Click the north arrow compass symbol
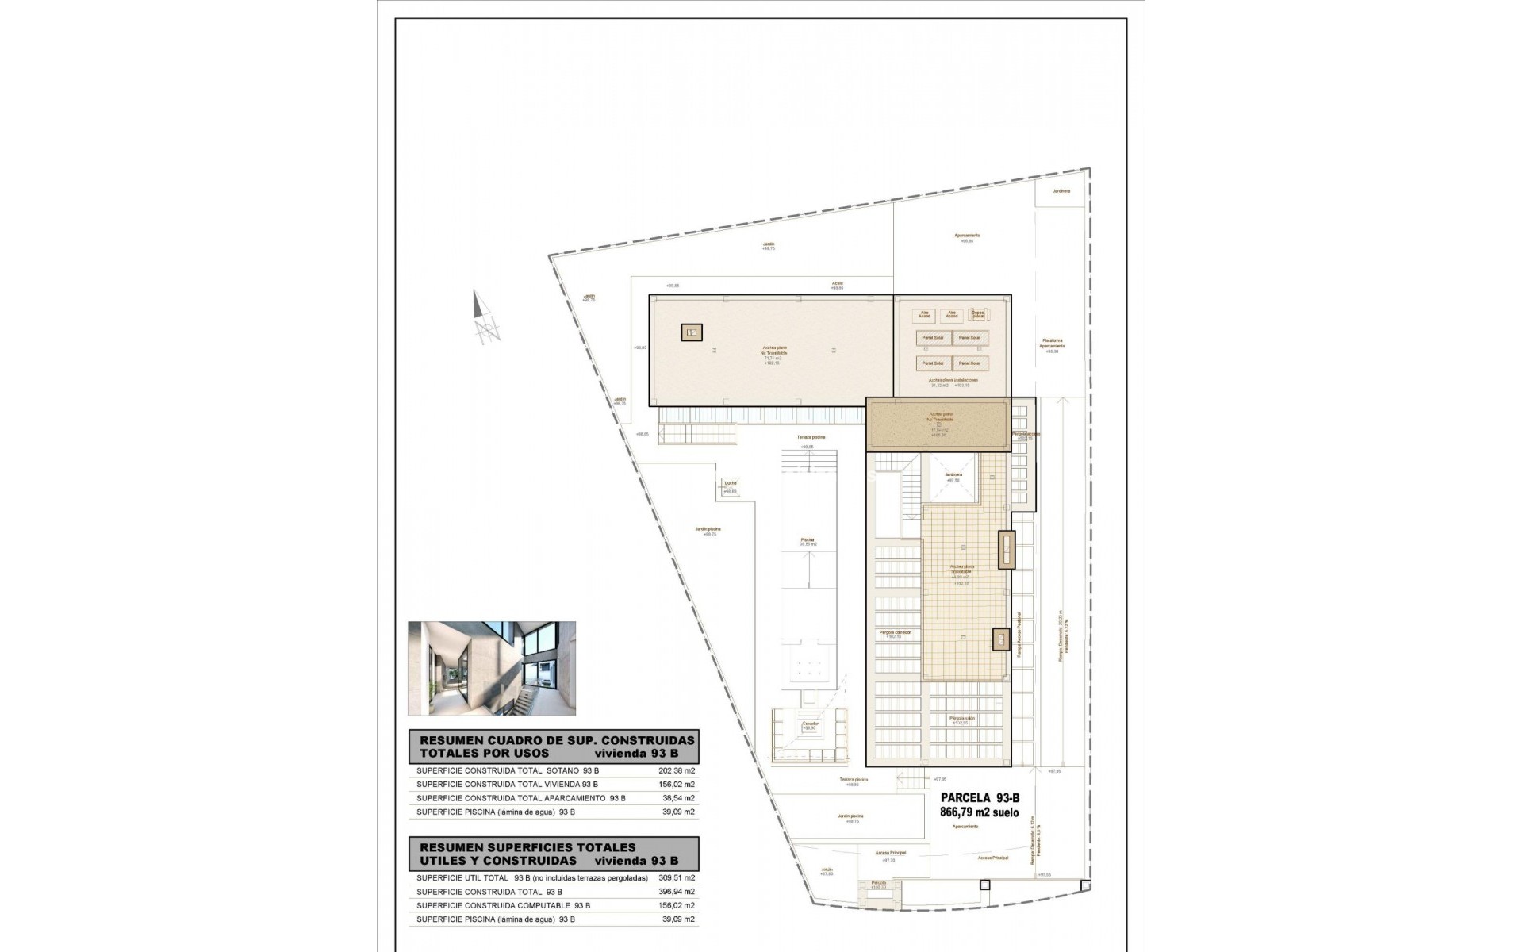click(x=485, y=317)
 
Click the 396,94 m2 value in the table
click(x=678, y=892)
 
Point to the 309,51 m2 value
click(x=678, y=877)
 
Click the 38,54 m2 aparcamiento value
click(x=678, y=798)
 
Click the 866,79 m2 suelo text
click(x=979, y=812)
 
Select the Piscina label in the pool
click(x=807, y=540)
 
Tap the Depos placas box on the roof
click(x=978, y=314)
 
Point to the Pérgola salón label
click(x=962, y=718)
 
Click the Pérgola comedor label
click(x=896, y=632)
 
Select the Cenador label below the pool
click(x=810, y=724)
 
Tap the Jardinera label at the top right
click(x=1061, y=191)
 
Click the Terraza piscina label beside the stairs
click(x=811, y=437)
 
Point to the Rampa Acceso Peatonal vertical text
click(x=1019, y=635)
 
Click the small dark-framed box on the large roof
click(x=691, y=332)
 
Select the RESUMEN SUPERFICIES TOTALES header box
click(x=553, y=854)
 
